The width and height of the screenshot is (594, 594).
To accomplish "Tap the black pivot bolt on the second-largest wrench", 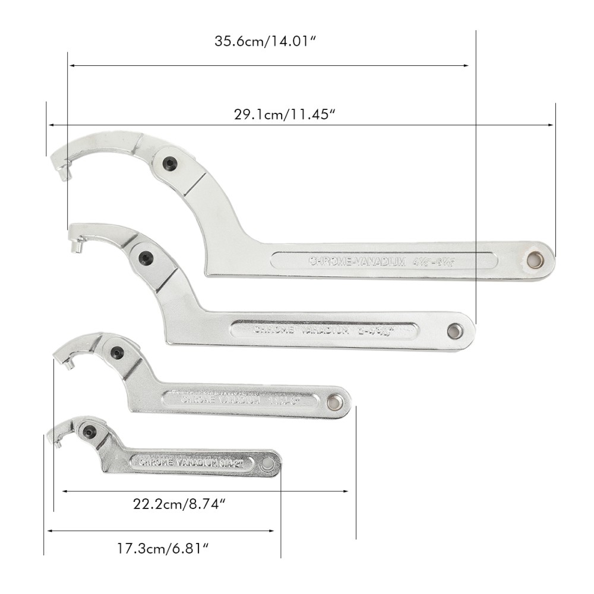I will [145, 257].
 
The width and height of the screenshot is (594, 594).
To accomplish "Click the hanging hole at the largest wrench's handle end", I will [536, 259].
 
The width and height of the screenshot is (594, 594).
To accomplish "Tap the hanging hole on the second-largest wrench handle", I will [456, 329].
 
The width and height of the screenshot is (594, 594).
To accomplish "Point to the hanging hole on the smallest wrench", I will [270, 463].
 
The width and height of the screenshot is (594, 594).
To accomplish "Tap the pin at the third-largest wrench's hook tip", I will [67, 361].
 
